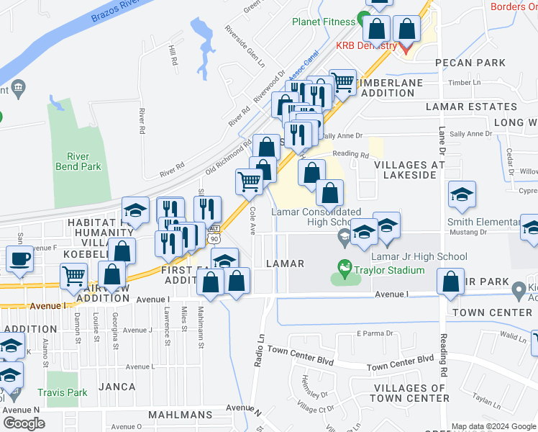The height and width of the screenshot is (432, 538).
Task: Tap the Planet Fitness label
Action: [324, 21]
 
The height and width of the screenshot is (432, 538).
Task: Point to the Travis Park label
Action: [64, 393]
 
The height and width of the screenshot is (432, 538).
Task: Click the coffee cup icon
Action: [19, 258]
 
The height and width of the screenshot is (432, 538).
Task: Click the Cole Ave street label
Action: [252, 221]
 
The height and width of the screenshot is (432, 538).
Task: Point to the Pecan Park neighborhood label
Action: [470, 63]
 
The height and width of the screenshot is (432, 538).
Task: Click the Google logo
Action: [24, 423]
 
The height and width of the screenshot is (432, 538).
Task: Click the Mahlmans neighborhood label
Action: [181, 415]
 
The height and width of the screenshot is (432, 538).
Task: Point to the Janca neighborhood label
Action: [117, 387]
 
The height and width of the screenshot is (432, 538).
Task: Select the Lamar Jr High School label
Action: [419, 256]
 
